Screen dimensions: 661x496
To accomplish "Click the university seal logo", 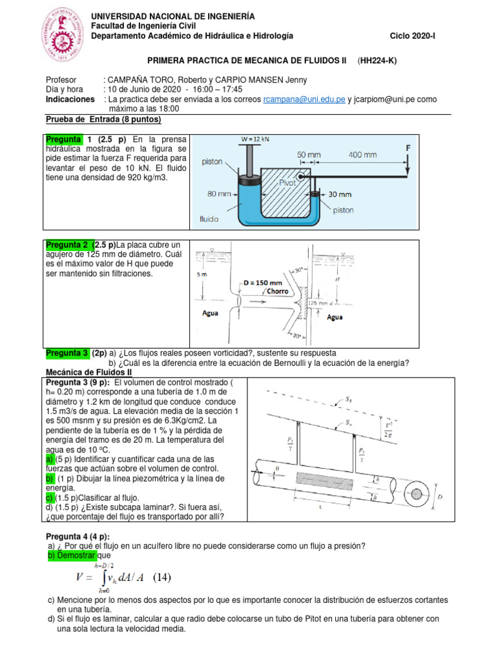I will pos(64,35).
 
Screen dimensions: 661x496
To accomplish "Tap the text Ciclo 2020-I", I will pos(413,36).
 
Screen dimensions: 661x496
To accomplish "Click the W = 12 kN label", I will pos(255,138).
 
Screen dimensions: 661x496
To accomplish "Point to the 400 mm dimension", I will pos(362,154).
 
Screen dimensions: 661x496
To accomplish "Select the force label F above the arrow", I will pos(408,148).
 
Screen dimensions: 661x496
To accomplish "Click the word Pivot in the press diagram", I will pos(287,183).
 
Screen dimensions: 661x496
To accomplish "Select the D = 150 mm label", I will pos(263,282).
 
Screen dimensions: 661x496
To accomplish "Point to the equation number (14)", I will pos(158,576).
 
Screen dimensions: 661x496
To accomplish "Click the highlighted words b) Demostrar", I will pos(72,556).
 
